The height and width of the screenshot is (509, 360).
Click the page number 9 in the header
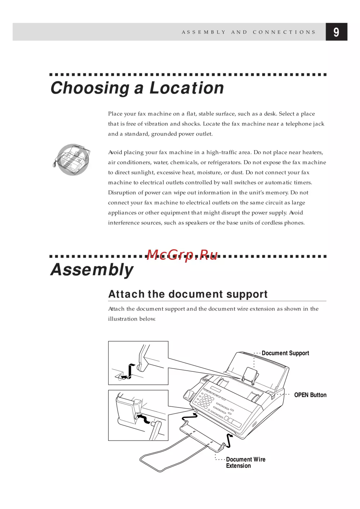[336, 32]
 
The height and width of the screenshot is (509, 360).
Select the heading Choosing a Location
[137, 88]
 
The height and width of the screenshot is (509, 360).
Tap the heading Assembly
[92, 270]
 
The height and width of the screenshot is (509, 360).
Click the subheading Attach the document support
[188, 294]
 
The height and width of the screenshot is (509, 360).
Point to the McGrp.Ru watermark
[182, 255]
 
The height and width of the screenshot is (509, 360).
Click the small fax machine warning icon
[72, 160]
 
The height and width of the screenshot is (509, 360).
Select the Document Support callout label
[285, 353]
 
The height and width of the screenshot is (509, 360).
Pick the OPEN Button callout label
[310, 395]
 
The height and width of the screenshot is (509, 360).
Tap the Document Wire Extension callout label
[246, 463]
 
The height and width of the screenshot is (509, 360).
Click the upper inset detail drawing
[138, 363]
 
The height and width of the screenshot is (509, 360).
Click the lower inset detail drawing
[138, 415]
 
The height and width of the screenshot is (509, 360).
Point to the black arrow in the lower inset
[144, 418]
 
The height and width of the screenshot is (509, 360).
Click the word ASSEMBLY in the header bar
[204, 32]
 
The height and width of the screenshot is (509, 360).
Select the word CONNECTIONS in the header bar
[284, 32]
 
